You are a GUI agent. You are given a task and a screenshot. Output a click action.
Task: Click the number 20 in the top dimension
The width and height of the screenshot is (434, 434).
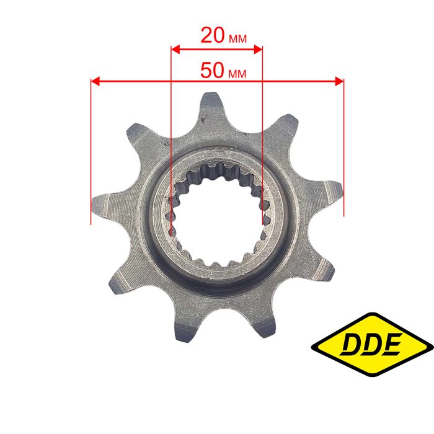213,35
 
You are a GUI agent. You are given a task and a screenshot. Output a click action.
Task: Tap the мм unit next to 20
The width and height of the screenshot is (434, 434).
237,39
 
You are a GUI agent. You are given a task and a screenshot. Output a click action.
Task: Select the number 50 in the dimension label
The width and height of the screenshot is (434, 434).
212,70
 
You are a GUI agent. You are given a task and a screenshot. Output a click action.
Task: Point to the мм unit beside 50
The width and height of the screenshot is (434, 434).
237,74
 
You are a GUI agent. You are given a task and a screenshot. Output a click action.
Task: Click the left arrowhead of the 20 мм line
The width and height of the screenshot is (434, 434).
175,50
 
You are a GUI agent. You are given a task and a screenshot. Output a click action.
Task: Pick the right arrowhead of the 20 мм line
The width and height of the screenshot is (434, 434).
258,50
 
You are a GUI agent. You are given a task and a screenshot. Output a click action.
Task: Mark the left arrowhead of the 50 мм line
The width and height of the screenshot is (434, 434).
95,81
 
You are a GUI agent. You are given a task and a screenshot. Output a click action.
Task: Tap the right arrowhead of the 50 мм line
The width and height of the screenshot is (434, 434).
339,81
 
